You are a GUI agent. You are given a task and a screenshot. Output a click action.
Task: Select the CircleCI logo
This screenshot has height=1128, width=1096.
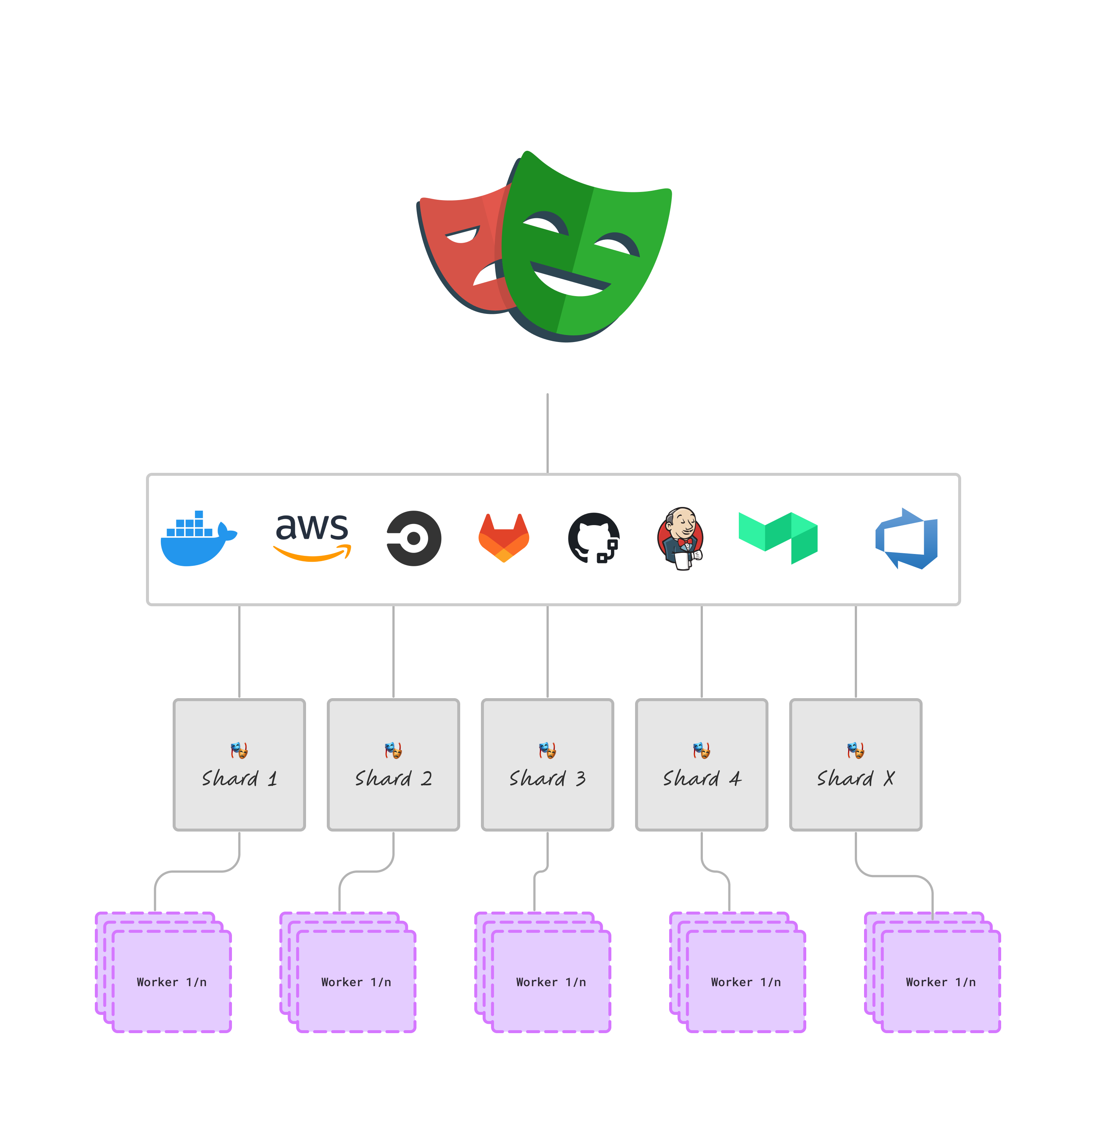click(413, 538)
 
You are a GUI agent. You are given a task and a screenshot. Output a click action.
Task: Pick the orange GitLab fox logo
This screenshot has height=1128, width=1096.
click(504, 538)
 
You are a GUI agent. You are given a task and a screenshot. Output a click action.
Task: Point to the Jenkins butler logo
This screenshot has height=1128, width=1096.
click(680, 539)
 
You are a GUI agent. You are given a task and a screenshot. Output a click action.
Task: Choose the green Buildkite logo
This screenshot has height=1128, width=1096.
click(778, 537)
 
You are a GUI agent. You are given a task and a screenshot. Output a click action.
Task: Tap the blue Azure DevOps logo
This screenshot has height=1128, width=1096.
click(907, 538)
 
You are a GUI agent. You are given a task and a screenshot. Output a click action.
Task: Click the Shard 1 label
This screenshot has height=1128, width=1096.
click(239, 779)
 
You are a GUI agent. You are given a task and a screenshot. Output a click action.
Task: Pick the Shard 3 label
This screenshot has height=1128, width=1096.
click(547, 779)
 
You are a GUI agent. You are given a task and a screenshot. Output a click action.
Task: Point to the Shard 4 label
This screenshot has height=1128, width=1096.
click(702, 779)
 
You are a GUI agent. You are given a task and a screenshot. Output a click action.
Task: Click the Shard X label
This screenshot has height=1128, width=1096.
click(856, 779)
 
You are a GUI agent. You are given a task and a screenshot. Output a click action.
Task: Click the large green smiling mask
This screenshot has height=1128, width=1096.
click(587, 248)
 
